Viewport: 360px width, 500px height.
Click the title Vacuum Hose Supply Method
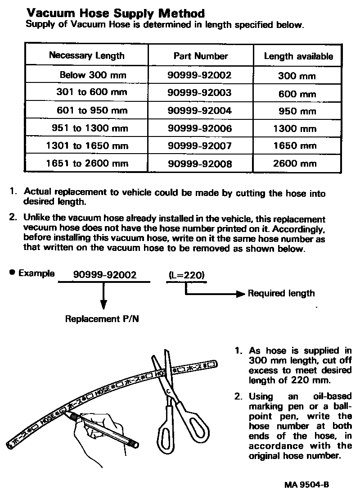coord(116,14)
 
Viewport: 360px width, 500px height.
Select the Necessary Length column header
coord(86,56)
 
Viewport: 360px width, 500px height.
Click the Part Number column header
coord(201,56)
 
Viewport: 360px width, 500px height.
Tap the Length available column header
coord(298,56)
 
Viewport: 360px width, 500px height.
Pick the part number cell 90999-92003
coord(199,93)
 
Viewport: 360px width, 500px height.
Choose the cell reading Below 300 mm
coord(93,75)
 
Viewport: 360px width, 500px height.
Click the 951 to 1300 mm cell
coord(90,128)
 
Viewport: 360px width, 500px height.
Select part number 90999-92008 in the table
coord(199,164)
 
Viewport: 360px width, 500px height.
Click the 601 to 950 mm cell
coord(92,110)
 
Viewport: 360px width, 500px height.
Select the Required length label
coord(281,294)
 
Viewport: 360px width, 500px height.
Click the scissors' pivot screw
coord(167,391)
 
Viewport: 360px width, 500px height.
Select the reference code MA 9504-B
coord(306,485)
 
